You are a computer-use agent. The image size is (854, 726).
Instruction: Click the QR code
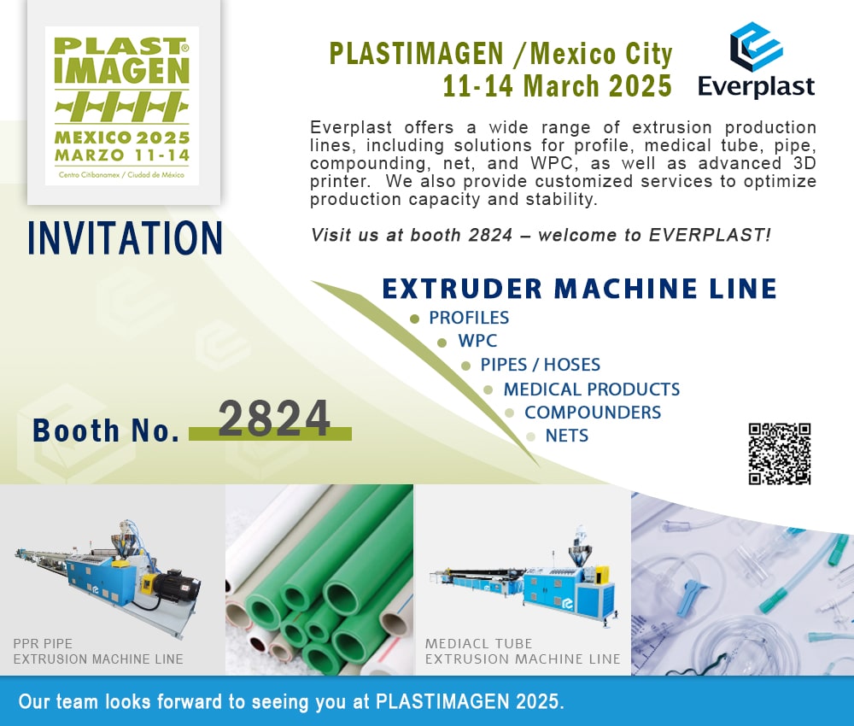(779, 454)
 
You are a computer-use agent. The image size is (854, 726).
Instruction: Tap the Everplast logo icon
(756, 47)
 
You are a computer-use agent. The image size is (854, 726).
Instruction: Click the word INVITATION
(125, 237)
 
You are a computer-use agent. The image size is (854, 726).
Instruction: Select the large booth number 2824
(274, 419)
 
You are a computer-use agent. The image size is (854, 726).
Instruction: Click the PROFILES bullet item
(469, 318)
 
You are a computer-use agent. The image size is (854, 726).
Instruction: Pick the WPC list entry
(477, 342)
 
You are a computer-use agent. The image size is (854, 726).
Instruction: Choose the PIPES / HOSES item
(540, 365)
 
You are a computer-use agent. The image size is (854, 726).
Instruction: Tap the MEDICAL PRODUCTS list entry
(591, 389)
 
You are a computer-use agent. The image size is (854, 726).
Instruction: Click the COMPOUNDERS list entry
(592, 413)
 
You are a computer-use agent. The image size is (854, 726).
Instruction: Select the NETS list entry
(566, 436)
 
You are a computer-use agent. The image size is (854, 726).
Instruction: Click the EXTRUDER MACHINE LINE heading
(579, 289)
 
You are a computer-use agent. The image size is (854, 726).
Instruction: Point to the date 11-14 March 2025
(557, 85)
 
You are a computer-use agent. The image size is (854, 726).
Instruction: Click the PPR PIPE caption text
(43, 643)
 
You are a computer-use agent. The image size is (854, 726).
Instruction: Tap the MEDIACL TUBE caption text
(478, 643)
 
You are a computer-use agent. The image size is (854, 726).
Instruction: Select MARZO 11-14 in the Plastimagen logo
(122, 155)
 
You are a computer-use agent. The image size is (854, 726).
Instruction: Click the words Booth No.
(106, 430)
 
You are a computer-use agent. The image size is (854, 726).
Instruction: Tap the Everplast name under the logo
(756, 86)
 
